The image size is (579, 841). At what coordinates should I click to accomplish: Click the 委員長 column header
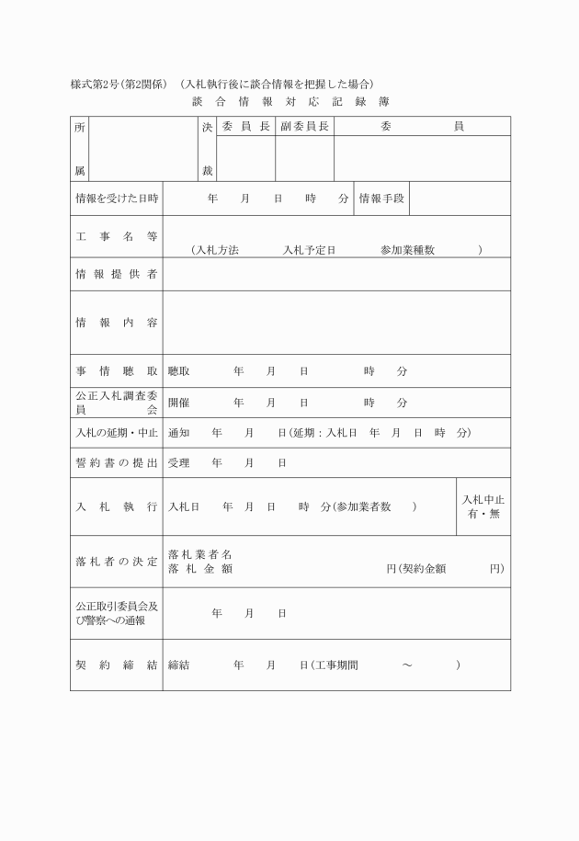click(245, 126)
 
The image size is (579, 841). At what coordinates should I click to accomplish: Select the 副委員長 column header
click(304, 126)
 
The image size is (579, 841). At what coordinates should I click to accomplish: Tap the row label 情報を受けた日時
click(117, 198)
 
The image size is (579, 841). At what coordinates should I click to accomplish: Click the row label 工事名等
click(117, 236)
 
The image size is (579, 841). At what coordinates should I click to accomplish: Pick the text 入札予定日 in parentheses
click(308, 250)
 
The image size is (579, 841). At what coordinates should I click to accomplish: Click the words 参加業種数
click(407, 250)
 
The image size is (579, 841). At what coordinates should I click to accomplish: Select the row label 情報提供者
click(117, 274)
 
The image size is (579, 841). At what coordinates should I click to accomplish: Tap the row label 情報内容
click(117, 323)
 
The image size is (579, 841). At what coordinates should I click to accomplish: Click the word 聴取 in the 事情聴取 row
click(179, 371)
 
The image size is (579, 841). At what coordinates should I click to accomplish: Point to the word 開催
click(179, 403)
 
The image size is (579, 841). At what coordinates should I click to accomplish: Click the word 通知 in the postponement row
click(179, 433)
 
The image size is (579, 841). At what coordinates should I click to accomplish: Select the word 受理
click(179, 463)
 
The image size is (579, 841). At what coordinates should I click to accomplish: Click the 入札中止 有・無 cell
click(482, 506)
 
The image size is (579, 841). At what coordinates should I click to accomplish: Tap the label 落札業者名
click(200, 555)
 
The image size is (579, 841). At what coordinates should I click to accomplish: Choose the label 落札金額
click(200, 569)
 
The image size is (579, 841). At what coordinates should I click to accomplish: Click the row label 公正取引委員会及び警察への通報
click(117, 613)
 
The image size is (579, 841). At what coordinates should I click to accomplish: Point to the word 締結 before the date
click(179, 665)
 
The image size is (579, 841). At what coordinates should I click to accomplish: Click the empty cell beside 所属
click(142, 149)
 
